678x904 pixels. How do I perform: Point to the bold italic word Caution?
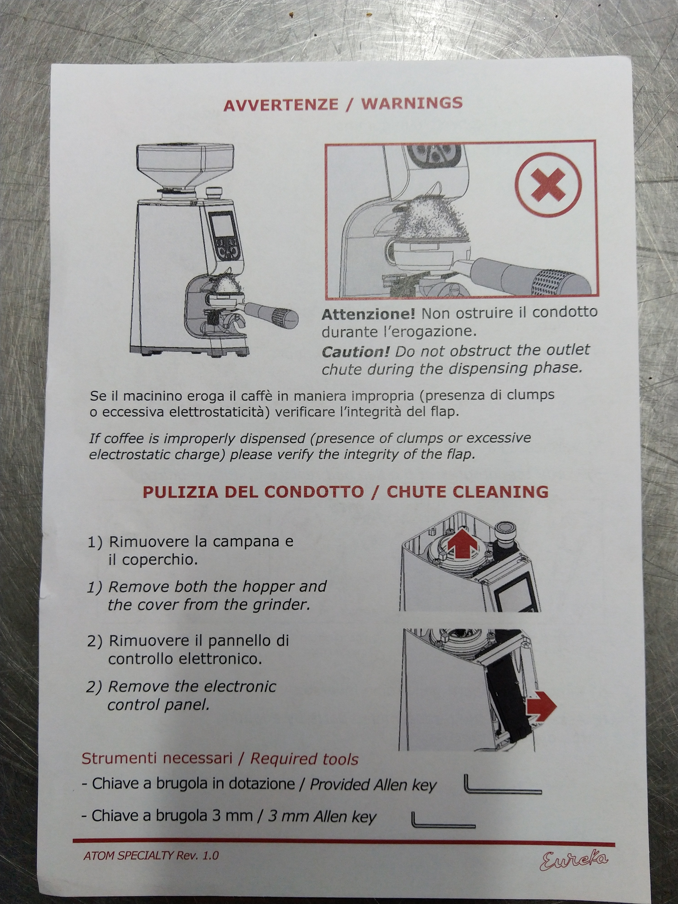coord(355,351)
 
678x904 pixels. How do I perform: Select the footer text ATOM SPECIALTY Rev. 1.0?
coord(151,855)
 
